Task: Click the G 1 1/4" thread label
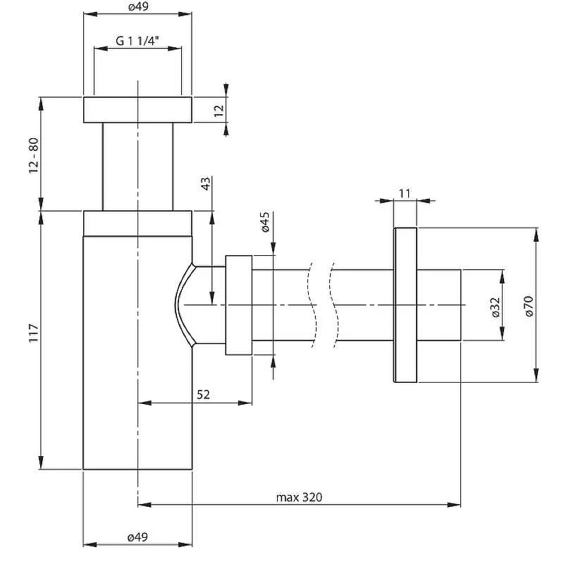click(137, 41)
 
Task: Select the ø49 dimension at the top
click(138, 7)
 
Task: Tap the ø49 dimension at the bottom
click(137, 537)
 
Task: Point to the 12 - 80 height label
click(33, 155)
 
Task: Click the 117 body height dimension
click(33, 333)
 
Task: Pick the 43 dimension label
click(206, 184)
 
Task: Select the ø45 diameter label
click(265, 222)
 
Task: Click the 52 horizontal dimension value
click(203, 395)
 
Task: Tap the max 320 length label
click(299, 497)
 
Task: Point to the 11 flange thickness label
click(405, 193)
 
